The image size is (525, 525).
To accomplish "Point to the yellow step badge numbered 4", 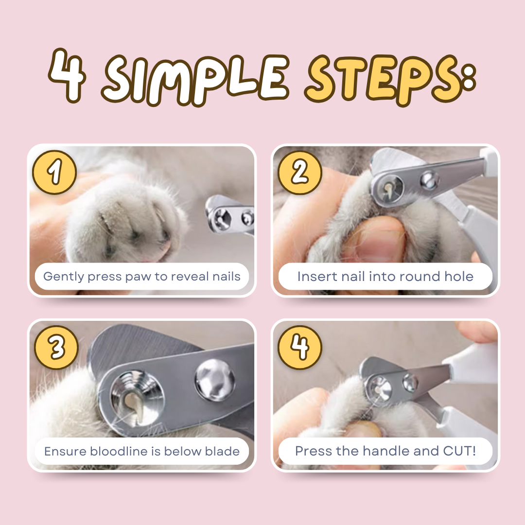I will (300, 348).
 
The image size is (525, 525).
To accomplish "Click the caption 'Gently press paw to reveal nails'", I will (141, 277).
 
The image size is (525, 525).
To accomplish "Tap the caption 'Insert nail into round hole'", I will (385, 277).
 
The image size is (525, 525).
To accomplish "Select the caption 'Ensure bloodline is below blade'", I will (141, 451).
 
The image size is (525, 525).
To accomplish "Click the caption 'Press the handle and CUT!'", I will (385, 451).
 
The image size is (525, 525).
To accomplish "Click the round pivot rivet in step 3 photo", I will (214, 380).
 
